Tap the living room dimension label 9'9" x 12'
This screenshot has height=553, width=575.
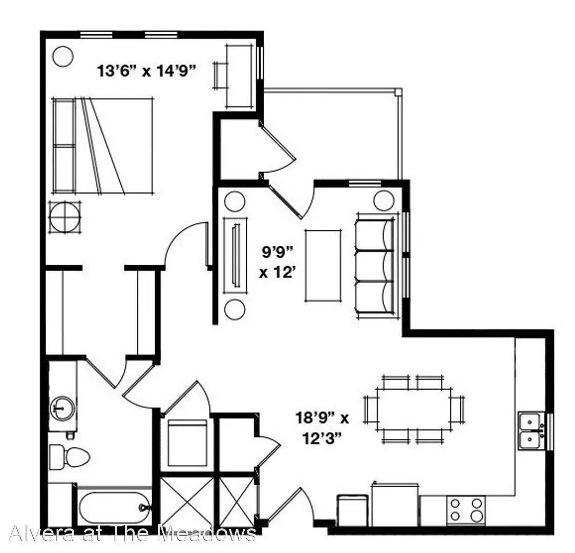(278, 262)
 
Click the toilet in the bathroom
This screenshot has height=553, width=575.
(69, 457)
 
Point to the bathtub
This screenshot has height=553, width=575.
(114, 507)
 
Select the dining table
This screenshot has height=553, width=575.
(414, 409)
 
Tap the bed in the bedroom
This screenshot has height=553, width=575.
(102, 145)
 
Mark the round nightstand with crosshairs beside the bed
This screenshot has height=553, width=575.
(65, 218)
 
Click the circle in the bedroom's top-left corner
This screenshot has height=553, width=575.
(63, 56)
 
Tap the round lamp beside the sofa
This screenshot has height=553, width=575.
(384, 200)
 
